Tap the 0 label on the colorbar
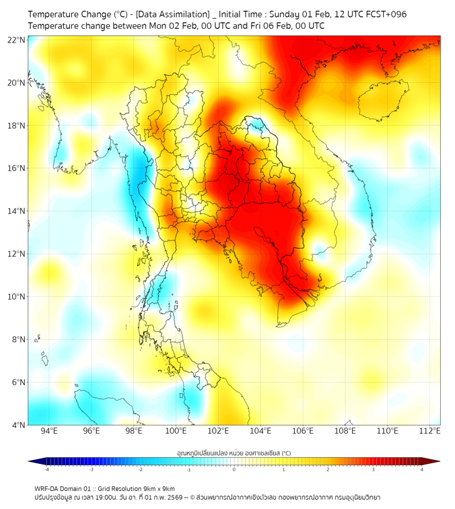coord(234,469)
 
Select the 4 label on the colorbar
coord(422,469)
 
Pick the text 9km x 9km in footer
coord(157,488)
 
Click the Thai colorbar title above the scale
coord(234,452)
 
